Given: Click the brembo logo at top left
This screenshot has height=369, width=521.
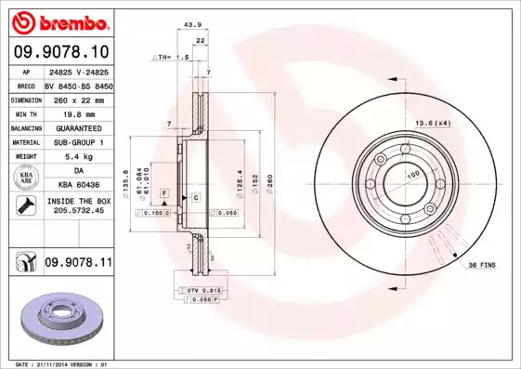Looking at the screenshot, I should tap(58, 21).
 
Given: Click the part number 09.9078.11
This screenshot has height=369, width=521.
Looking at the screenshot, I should tap(78, 263).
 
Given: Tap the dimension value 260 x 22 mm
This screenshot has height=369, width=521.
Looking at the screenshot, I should tap(77, 98).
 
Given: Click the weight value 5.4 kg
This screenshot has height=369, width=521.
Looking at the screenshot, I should tap(77, 156).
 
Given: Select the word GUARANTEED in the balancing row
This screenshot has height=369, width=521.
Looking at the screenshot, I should tap(77, 126).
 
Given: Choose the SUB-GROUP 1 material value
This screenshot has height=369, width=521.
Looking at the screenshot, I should tap(77, 141).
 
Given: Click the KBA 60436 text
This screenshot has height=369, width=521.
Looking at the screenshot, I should tap(77, 185).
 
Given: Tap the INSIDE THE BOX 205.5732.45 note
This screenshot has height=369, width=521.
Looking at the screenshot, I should tap(77, 205).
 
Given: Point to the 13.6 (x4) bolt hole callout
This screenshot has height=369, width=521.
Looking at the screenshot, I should tap(434, 123).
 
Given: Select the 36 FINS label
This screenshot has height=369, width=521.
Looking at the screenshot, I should tap(480, 265).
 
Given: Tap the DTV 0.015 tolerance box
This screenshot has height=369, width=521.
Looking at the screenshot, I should tap(197, 291).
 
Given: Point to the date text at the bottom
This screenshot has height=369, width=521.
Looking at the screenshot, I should tap(58, 363).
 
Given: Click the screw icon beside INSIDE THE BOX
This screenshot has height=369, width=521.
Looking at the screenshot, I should tap(25, 205).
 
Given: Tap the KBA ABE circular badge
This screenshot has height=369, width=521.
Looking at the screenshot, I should tap(25, 178).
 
